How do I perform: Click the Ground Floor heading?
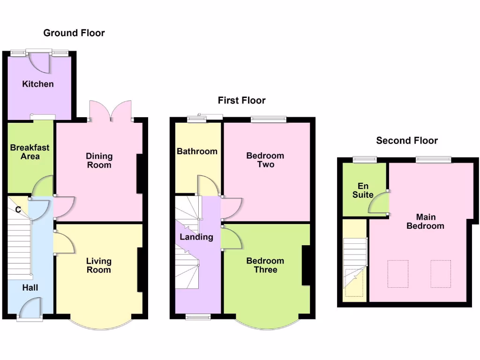click(x=74, y=33)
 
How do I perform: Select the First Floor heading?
click(x=241, y=100)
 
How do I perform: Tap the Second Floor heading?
click(x=407, y=141)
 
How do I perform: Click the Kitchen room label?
click(x=38, y=84)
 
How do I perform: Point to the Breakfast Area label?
click(x=30, y=152)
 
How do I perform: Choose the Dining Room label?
click(x=99, y=160)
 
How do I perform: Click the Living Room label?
click(x=99, y=265)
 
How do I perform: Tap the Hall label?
click(x=30, y=288)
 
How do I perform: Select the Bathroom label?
click(x=197, y=151)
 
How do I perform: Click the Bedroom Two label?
click(x=265, y=160)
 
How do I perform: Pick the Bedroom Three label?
click(x=265, y=265)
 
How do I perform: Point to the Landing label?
click(x=196, y=237)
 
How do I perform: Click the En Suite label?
click(x=363, y=190)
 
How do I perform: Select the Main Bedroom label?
click(x=425, y=221)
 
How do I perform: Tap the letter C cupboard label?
click(x=18, y=210)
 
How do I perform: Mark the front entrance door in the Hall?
click(x=30, y=310)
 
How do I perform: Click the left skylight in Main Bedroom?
click(x=397, y=274)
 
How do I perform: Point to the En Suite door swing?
click(x=379, y=203)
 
